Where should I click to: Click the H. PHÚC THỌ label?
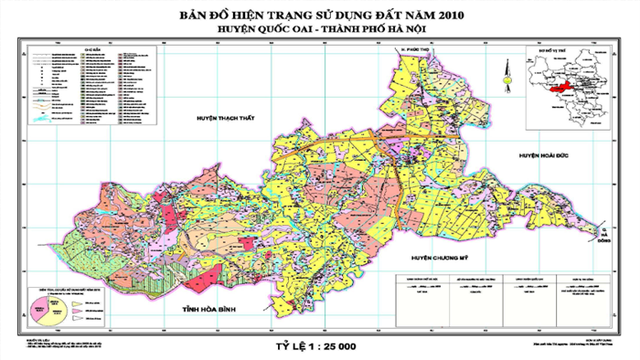(x=418, y=68)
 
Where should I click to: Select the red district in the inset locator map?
(x=556, y=84)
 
